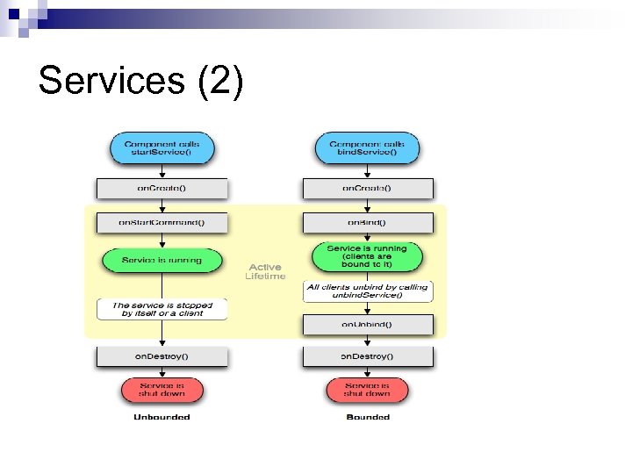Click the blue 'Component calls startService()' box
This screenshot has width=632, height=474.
tap(162, 147)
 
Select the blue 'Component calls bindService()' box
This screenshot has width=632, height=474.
tap(367, 147)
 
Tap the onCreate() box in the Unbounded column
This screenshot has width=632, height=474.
tap(162, 188)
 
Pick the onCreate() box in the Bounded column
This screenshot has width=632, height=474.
tap(367, 188)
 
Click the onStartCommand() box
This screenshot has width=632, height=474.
tap(162, 222)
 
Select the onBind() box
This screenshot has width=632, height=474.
tap(367, 222)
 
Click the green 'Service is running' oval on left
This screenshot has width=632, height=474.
tap(162, 260)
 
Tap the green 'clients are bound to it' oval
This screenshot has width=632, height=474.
tap(367, 255)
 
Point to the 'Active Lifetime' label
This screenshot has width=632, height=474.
tap(265, 271)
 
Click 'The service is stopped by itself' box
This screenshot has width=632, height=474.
tap(162, 309)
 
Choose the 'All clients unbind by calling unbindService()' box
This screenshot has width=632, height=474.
tap(367, 291)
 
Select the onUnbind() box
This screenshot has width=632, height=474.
tap(367, 324)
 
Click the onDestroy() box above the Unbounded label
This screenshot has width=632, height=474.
tap(162, 356)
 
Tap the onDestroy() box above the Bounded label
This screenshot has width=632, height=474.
tap(367, 356)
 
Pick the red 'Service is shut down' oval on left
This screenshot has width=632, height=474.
tap(162, 389)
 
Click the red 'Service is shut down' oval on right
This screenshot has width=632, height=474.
tap(367, 389)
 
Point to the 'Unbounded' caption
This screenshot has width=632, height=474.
tap(162, 417)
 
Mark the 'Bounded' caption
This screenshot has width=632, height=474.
tap(367, 417)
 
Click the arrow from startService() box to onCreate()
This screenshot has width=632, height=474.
tap(162, 170)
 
